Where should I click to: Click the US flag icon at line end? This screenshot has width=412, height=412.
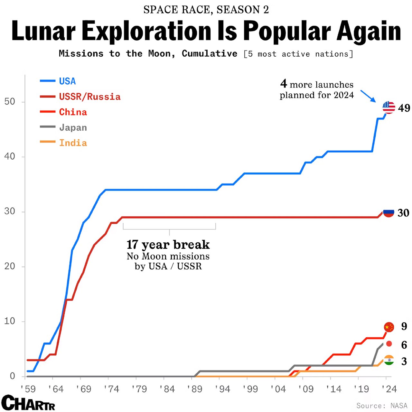coord(389,108)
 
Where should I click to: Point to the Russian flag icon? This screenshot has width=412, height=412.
coord(389,212)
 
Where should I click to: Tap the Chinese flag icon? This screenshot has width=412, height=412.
coord(389,327)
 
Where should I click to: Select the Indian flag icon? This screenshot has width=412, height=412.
coord(389,360)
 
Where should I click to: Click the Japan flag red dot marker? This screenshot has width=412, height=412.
coord(389,344)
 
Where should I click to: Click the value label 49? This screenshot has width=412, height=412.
coord(404,108)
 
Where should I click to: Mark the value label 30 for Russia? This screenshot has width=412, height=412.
coord(403,213)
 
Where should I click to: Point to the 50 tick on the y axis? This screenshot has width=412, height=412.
coord(10,102)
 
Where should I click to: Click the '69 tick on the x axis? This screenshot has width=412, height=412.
coord(84,389)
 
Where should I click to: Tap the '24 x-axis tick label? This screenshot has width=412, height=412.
coord(389,389)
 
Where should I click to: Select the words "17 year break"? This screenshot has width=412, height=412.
coord(168,245)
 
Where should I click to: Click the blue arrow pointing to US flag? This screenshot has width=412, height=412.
coord(368,96)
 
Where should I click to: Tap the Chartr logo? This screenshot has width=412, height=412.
coord(28,403)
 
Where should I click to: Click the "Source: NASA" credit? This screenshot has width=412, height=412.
coord(382,406)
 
